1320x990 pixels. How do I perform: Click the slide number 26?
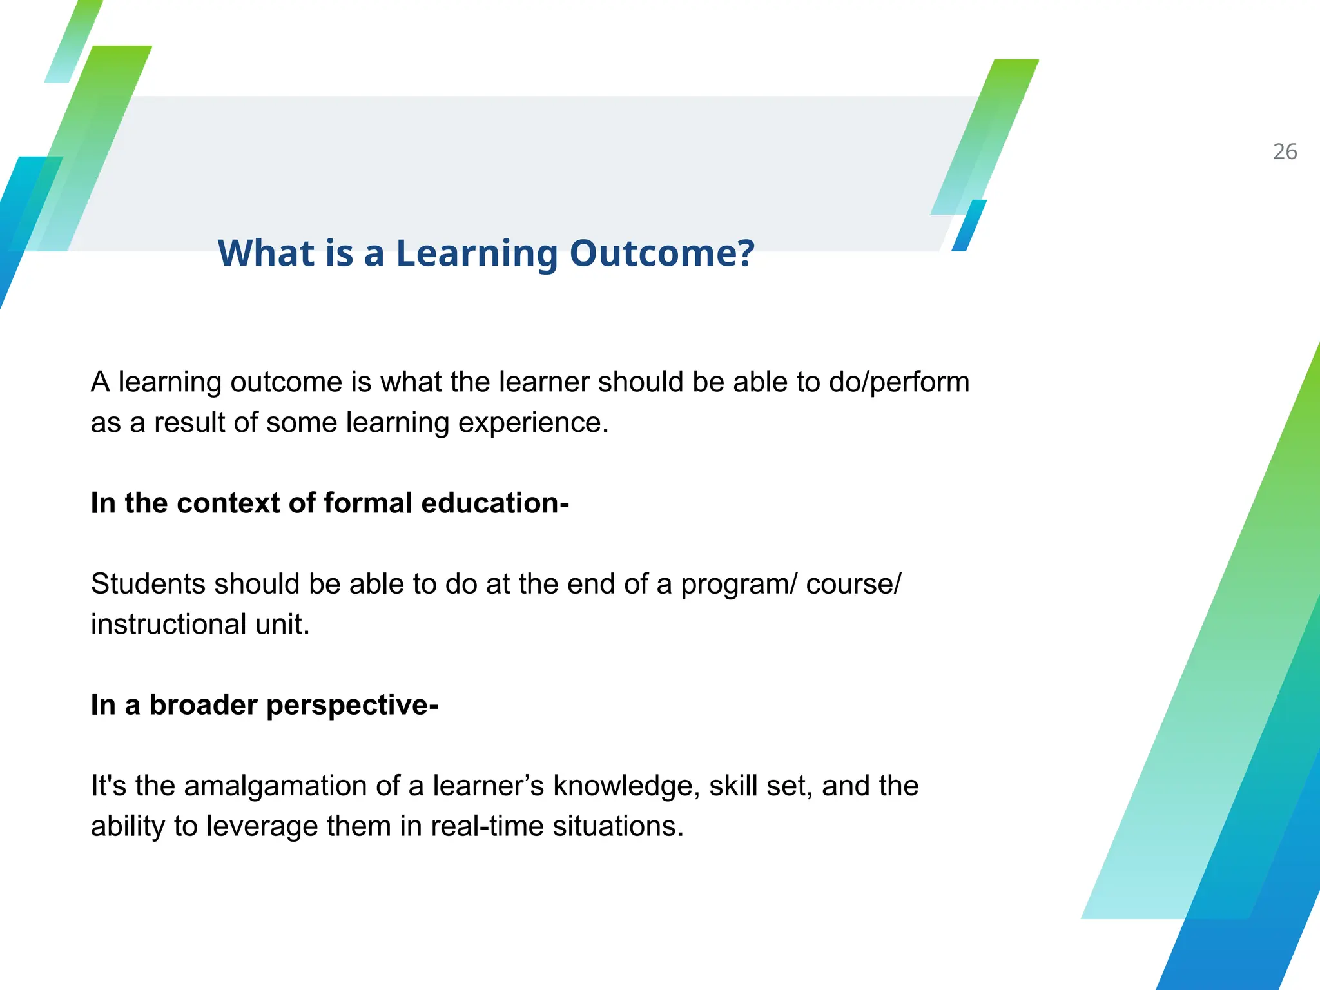[1285, 152]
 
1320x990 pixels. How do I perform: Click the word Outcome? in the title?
[662, 253]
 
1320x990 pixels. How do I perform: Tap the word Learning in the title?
[477, 253]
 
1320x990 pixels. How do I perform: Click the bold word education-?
[494, 503]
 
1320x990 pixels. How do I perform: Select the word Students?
[148, 584]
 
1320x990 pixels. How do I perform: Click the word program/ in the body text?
[739, 584]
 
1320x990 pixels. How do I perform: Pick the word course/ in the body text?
[853, 584]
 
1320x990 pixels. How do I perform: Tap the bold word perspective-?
[352, 705]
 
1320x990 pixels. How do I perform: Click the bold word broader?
[204, 705]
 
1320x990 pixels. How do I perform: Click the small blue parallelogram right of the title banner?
[969, 226]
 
